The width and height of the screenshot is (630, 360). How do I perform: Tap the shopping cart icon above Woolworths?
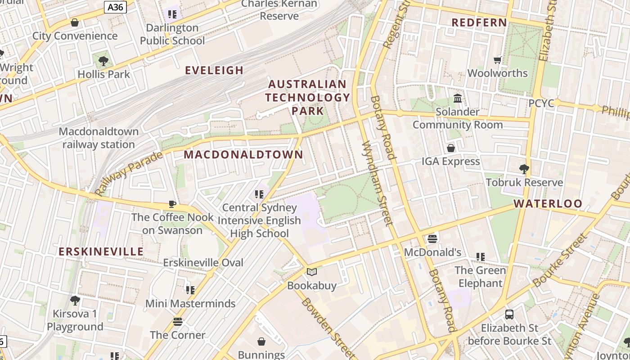pyautogui.click(x=497, y=60)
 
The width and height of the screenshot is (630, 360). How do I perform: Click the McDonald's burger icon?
pyautogui.click(x=432, y=238)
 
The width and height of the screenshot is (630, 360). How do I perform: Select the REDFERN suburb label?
pyautogui.click(x=479, y=22)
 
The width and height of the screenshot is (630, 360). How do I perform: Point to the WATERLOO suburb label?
pyautogui.click(x=548, y=203)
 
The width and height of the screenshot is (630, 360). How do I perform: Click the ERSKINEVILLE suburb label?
pyautogui.click(x=101, y=252)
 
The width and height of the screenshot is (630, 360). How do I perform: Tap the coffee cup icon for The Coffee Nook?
pyautogui.click(x=172, y=204)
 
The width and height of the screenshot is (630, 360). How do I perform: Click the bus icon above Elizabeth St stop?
pyautogui.click(x=509, y=315)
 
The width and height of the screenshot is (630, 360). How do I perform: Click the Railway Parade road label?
pyautogui.click(x=129, y=174)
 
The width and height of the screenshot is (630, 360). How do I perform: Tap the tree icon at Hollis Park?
pyautogui.click(x=103, y=61)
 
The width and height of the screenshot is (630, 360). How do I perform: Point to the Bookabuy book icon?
pyautogui.click(x=311, y=272)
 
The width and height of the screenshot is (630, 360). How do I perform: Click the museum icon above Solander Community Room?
pyautogui.click(x=458, y=98)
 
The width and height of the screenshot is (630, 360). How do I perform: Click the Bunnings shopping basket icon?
pyautogui.click(x=261, y=342)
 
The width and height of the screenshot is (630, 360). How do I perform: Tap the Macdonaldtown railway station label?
pyautogui.click(x=99, y=138)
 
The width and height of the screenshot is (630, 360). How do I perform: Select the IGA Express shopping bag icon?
pyautogui.click(x=450, y=148)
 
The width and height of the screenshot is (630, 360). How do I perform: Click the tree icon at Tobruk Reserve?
pyautogui.click(x=524, y=169)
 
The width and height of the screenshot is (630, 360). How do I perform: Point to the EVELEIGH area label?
pyautogui.click(x=214, y=70)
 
